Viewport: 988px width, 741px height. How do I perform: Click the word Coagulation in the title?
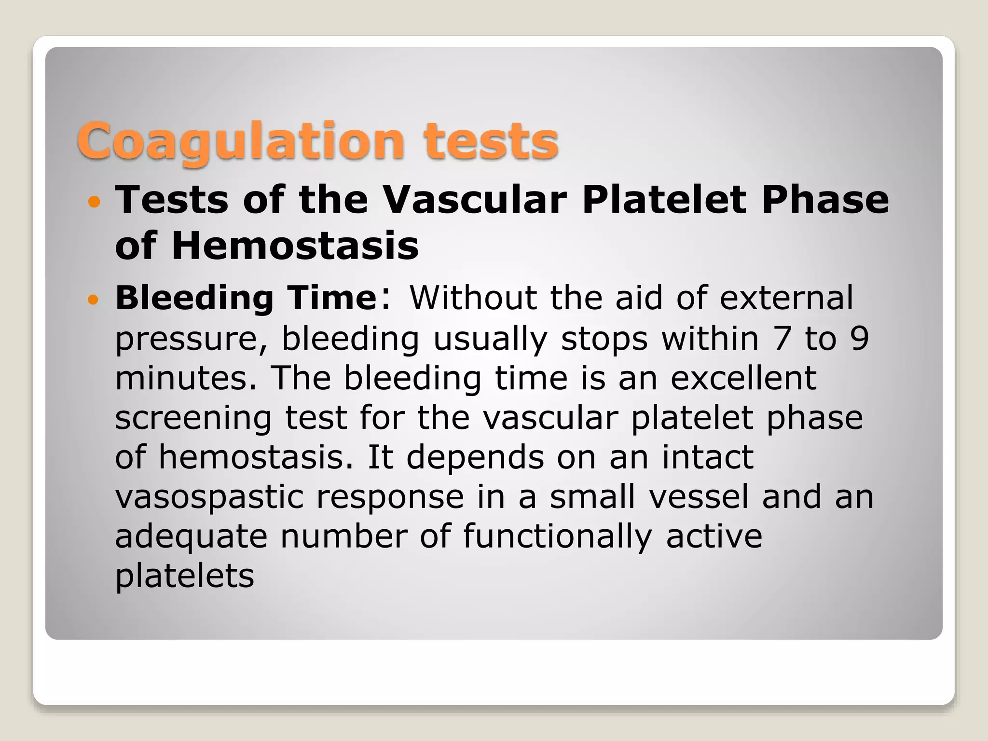tap(240, 141)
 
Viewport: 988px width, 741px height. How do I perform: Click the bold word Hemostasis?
tap(295, 246)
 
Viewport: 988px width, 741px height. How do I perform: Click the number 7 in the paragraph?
tap(783, 338)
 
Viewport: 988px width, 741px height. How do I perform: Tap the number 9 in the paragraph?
tap(859, 338)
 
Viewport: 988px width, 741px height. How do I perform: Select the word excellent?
tap(743, 378)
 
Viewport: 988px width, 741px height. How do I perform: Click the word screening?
tap(193, 418)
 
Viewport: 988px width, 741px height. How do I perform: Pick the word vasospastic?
tap(209, 497)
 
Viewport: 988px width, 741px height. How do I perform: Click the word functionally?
tap(557, 536)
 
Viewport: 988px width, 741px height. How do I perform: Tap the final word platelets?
tap(184, 576)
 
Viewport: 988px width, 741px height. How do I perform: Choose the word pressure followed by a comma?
tap(190, 339)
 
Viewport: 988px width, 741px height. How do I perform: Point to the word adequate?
tap(191, 537)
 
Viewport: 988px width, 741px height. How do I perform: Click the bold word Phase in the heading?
tap(825, 200)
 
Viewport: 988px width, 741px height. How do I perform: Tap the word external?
tap(786, 298)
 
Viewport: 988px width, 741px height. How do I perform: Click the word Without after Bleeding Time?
tap(473, 298)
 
